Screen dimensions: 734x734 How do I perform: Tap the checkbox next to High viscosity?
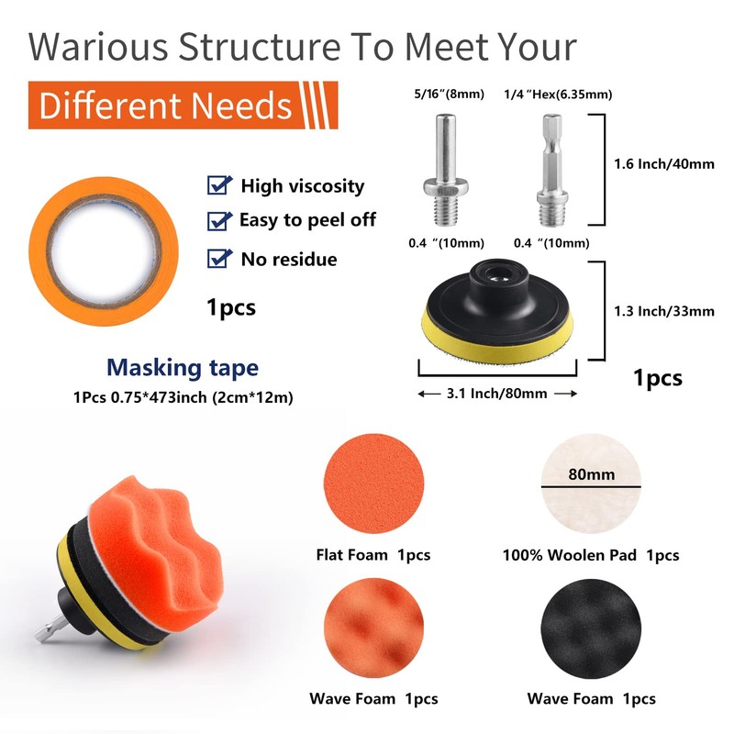click(219, 185)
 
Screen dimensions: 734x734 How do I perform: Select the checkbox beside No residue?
click(219, 259)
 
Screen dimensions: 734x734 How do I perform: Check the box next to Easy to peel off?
click(219, 221)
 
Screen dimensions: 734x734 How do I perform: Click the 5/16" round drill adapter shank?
click(445, 170)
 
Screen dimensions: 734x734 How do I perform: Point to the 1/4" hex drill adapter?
click(552, 171)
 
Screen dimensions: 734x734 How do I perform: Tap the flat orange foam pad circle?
click(373, 483)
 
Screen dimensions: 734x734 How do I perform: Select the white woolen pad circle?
click(591, 484)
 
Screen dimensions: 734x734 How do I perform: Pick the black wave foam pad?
click(591, 628)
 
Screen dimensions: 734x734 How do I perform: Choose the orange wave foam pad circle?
click(373, 628)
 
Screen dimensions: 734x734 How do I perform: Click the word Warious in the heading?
click(98, 47)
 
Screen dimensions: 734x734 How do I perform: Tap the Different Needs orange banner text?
click(165, 106)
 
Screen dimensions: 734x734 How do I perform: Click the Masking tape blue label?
click(183, 368)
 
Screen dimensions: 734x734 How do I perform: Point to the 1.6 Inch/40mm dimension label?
click(664, 164)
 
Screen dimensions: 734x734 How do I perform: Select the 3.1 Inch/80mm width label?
click(496, 394)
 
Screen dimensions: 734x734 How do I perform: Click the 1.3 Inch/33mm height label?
click(664, 311)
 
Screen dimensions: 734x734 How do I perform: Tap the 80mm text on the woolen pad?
click(591, 474)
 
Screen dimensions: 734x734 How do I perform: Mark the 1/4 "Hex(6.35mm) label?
click(558, 95)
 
